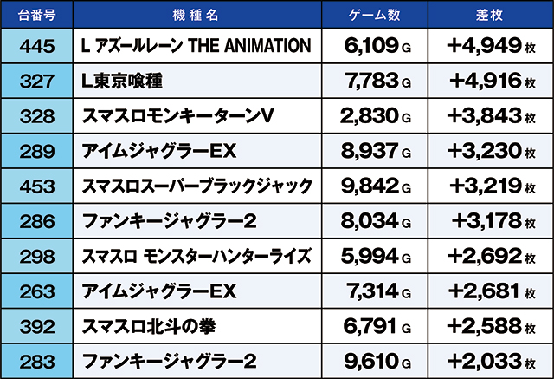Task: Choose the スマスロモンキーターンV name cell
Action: click(x=164, y=115)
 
